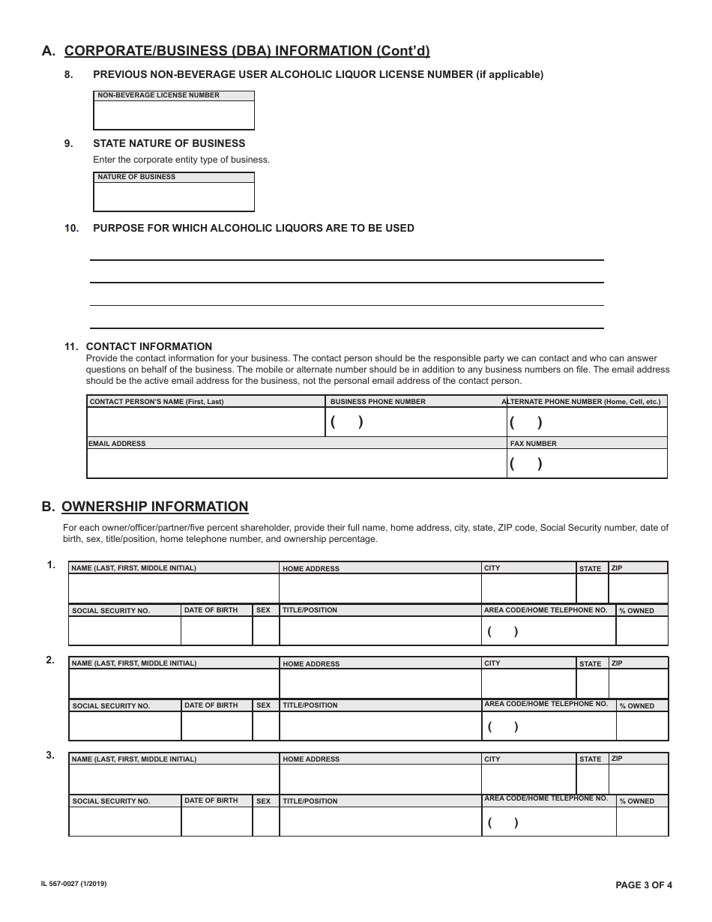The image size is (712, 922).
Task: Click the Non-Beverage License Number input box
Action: coord(174,115)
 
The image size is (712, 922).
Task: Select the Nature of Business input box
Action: coord(174,196)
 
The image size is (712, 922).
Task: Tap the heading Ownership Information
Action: coord(154,507)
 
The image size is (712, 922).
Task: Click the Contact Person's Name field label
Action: coord(157,402)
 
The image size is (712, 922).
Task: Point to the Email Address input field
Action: coord(297,463)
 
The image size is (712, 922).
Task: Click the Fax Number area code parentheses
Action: coord(525,463)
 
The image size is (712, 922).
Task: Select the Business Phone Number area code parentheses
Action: coord(346,422)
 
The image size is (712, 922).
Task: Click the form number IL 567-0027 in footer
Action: coord(73,885)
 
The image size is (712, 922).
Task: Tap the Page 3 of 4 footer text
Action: coord(643,885)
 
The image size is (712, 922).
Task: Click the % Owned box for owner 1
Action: coord(642,630)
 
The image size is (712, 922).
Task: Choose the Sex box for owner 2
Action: coord(265,726)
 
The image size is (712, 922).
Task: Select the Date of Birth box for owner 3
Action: coord(217,821)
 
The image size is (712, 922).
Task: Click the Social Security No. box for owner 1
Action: coord(124,630)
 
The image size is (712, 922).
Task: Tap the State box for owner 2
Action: coord(592,683)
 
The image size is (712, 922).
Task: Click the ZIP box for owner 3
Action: coord(638,779)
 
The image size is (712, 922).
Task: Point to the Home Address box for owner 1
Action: coord(380,588)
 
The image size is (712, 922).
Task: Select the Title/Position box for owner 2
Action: coord(380,726)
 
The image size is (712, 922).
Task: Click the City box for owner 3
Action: coord(528,779)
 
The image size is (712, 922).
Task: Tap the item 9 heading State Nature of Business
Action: coord(169,143)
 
